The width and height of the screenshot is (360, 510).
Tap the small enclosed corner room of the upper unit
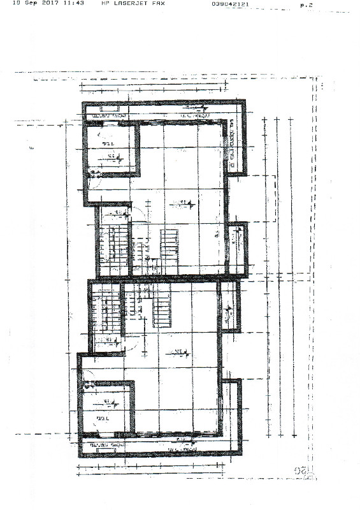coord(110,150)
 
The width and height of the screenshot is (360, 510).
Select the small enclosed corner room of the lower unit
coord(105,407)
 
